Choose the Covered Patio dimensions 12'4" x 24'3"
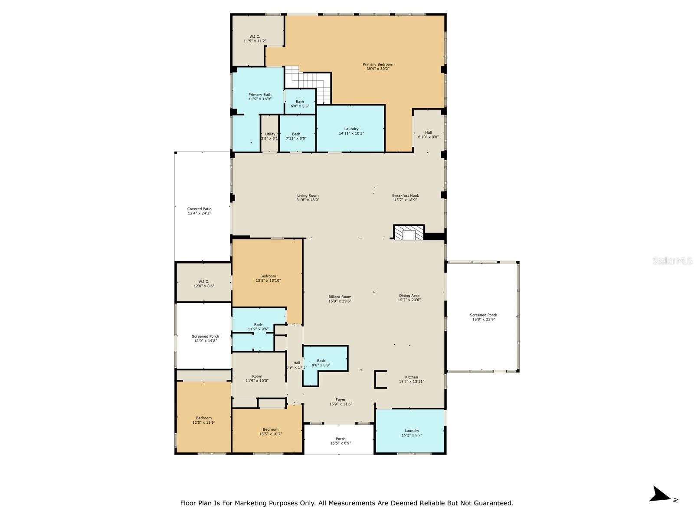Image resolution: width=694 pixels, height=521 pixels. [199, 213]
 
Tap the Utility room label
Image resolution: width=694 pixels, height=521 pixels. [270, 134]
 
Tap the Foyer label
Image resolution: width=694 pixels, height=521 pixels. [340, 399]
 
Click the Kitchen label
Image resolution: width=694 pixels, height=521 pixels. [411, 377]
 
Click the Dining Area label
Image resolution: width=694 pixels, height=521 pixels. [409, 296]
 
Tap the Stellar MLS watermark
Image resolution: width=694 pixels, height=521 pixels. [672, 260]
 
